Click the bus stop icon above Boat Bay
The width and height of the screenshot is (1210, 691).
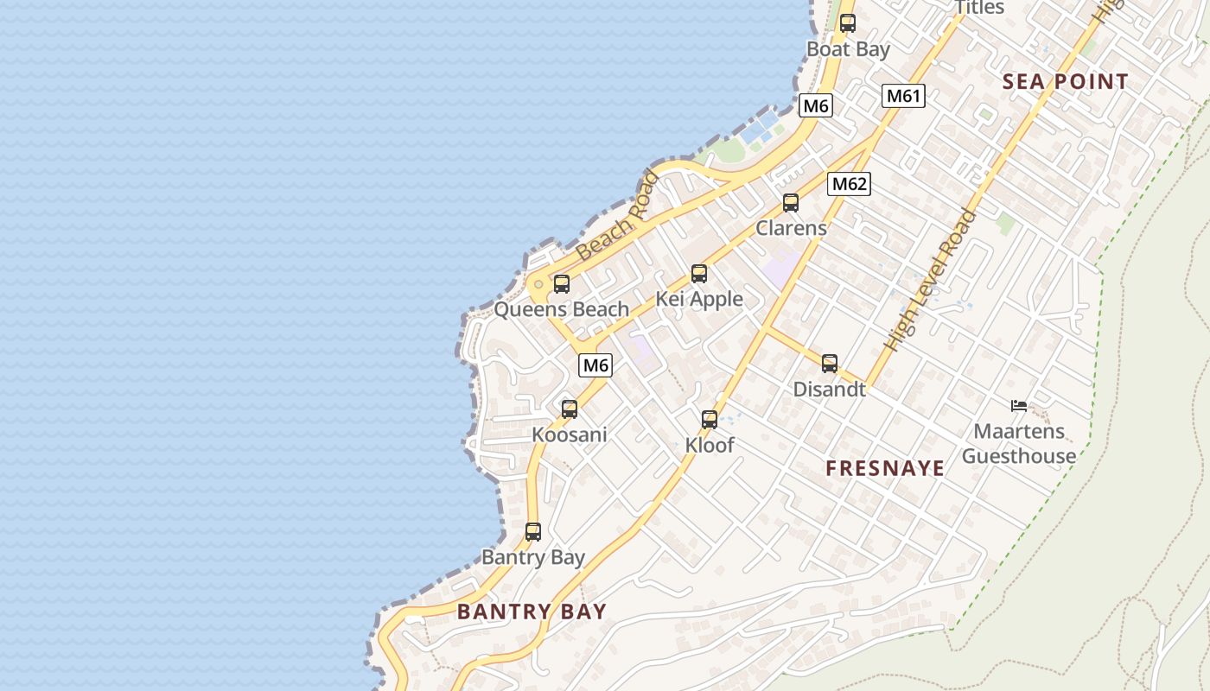pos(848,23)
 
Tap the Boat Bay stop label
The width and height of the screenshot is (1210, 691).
pos(848,49)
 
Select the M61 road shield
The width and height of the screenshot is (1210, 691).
pos(903,96)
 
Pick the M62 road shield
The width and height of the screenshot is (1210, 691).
pos(849,184)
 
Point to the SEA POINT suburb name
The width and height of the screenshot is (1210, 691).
pos(1065,82)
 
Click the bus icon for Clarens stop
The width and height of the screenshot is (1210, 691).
pos(791,203)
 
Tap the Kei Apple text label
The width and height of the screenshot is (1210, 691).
pos(699,299)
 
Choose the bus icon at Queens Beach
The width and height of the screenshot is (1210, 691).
pos(562,283)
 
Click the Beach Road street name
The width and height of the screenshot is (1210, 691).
pos(617,217)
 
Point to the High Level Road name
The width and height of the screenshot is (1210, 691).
pos(930,280)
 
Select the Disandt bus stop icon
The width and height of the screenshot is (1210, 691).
pos(830,364)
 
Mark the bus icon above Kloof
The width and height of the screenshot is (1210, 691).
pos(710,420)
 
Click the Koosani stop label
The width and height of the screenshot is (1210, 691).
pos(570,434)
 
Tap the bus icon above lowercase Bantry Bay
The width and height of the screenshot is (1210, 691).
pos(533,532)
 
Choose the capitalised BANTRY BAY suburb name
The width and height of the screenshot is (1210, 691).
pos(532,612)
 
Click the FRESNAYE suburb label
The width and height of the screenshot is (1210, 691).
pos(885,468)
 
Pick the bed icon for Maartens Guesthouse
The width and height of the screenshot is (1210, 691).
pos(1019,405)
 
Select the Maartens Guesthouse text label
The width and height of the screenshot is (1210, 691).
pos(1019,443)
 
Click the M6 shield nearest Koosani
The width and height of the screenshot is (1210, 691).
pos(595,365)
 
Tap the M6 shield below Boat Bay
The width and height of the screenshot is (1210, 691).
pos(816,106)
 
